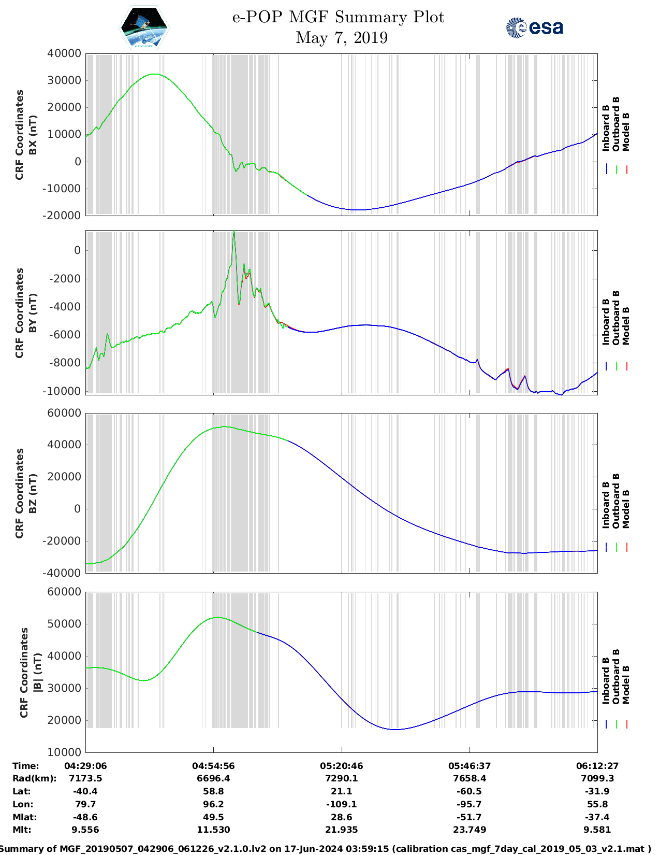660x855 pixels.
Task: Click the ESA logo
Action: [535, 27]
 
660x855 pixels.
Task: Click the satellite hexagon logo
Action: [144, 28]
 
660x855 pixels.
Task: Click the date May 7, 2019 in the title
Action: [341, 38]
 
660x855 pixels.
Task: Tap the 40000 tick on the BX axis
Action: [64, 53]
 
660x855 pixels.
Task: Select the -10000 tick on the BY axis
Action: [66, 391]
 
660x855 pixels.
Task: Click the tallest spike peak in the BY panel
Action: [234, 232]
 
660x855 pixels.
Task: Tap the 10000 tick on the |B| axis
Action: [64, 752]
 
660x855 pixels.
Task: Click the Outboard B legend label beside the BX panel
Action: [616, 124]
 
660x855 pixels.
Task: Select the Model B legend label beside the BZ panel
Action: [626, 509]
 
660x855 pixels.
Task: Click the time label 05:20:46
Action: [342, 765]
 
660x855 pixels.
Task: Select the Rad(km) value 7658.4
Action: [470, 778]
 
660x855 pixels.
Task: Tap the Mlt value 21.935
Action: [342, 830]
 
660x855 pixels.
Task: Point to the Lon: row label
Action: [23, 804]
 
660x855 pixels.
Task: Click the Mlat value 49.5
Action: [213, 817]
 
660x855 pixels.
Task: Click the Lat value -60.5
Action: [470, 791]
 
